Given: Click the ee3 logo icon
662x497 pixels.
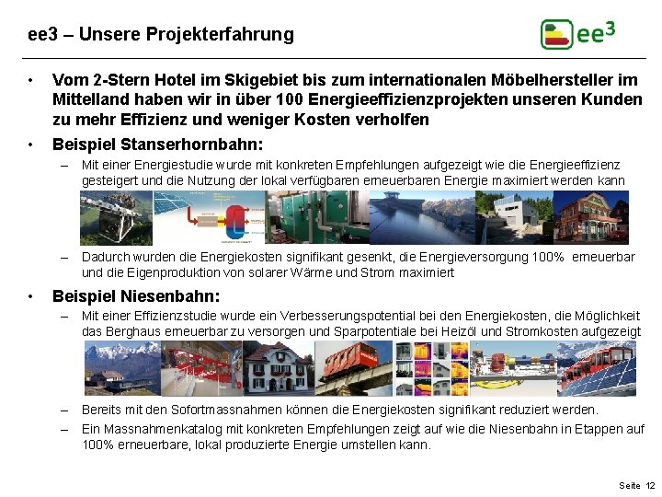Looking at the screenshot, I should coord(556,34).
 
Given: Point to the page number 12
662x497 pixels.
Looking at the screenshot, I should coord(650,485).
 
